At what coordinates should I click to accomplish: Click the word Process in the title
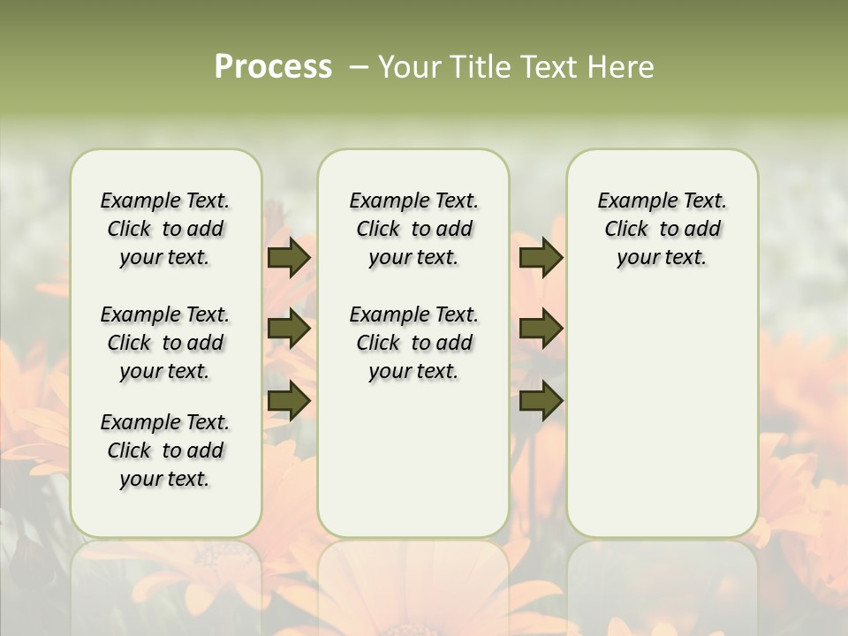[x=273, y=67]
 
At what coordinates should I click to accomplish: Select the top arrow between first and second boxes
[x=289, y=257]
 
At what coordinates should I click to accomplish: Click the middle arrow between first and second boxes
[x=289, y=329]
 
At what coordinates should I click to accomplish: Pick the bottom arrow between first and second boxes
[x=289, y=400]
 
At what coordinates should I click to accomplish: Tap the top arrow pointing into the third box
[x=541, y=257]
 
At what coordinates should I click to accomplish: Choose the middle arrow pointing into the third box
[x=541, y=329]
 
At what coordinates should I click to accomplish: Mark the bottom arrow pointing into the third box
[x=541, y=400]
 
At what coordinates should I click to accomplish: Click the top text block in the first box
[x=165, y=229]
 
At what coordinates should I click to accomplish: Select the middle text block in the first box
[x=165, y=343]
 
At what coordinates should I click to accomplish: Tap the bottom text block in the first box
[x=165, y=450]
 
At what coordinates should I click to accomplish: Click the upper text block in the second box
[x=414, y=229]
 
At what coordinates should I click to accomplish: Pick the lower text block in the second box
[x=414, y=343]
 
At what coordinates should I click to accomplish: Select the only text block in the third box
[x=662, y=229]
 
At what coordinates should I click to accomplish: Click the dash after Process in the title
[x=359, y=67]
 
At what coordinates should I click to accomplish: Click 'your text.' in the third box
[x=662, y=258]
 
